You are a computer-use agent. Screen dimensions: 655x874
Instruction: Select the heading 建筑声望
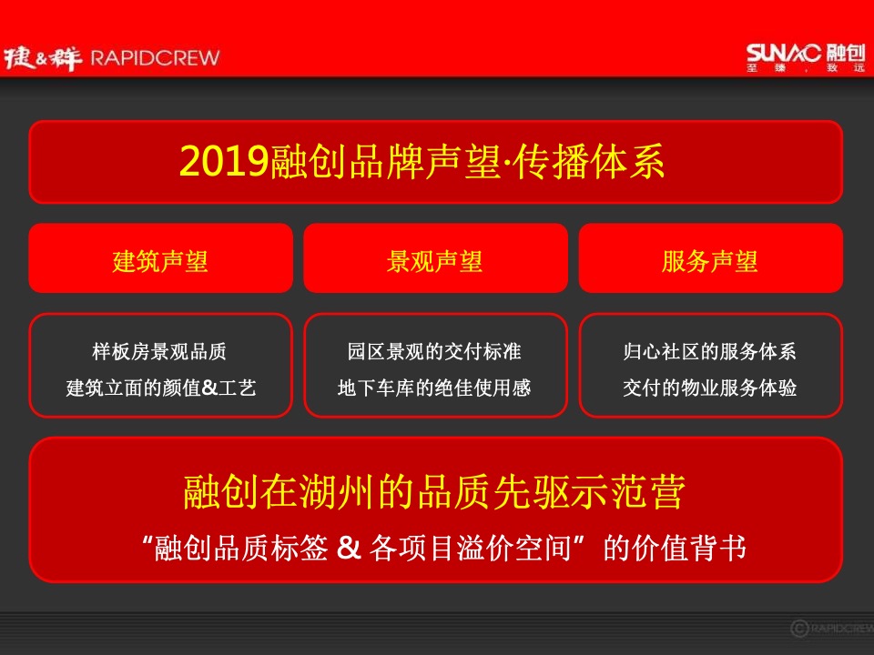coord(160,262)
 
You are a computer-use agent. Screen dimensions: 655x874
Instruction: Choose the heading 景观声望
coord(434,262)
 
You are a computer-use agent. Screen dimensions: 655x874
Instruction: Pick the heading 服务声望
coord(710,262)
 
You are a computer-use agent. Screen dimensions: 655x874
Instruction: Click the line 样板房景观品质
coord(160,351)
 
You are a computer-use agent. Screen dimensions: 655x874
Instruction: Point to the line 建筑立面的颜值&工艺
coord(160,388)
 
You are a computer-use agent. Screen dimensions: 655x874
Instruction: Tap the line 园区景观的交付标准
coord(434,351)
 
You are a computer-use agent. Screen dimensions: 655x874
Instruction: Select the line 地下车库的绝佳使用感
coord(434,388)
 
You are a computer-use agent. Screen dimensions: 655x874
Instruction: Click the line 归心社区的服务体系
coord(710,351)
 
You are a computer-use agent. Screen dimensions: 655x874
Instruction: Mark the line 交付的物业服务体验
coord(710,388)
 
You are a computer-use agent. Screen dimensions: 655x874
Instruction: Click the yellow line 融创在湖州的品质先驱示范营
coord(434,492)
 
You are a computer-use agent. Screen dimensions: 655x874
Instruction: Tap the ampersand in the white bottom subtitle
coord(350,549)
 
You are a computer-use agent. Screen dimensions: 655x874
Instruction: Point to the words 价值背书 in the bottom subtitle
coord(699,549)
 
